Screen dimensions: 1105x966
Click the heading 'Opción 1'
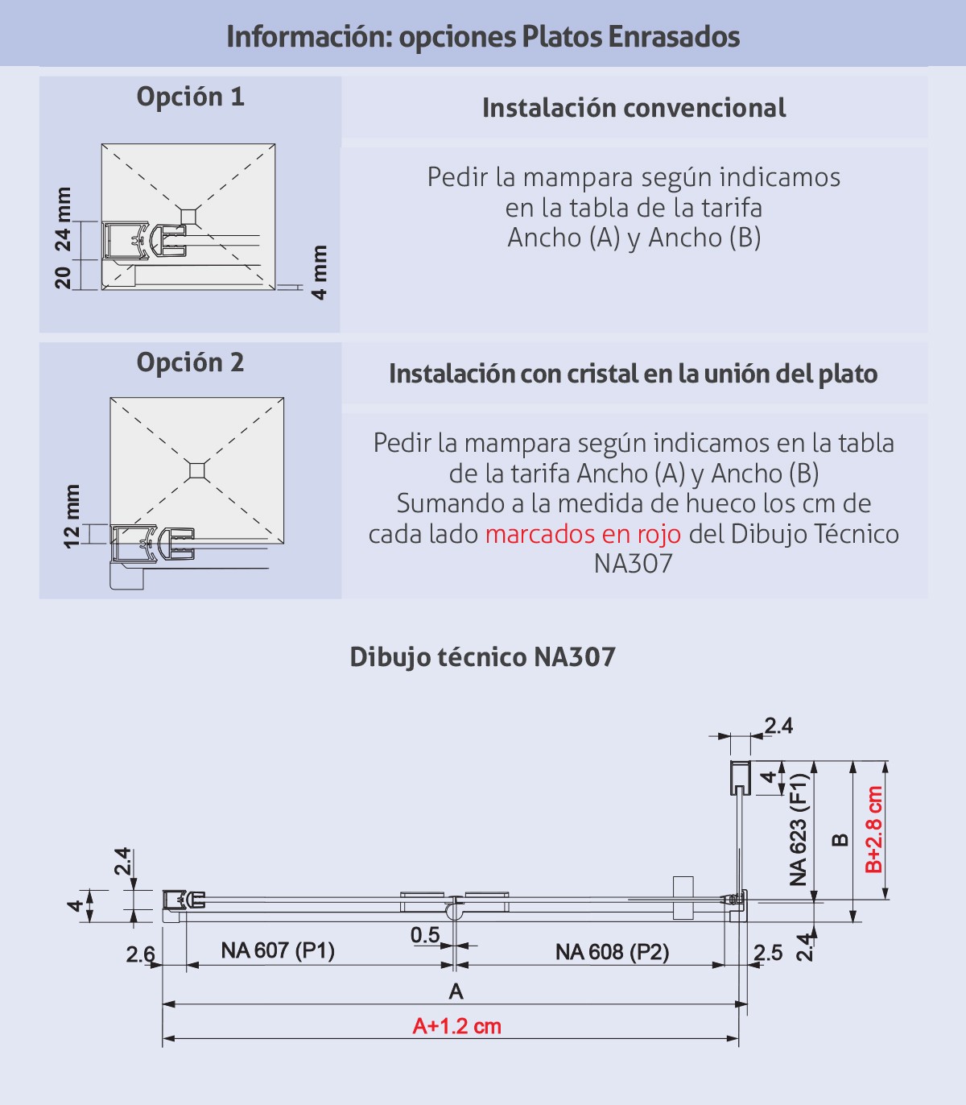point(190,97)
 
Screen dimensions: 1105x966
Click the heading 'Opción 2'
point(190,362)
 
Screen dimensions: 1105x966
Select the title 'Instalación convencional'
point(634,108)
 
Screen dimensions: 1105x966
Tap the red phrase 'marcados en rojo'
point(583,534)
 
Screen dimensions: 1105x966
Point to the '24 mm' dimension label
point(63,219)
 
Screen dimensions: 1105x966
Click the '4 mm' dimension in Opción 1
point(320,273)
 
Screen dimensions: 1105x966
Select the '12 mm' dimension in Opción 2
point(72,516)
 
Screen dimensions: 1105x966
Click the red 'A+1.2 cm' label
point(456,1026)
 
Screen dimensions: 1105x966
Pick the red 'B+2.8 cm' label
point(874,830)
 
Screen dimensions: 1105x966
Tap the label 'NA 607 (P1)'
point(278,950)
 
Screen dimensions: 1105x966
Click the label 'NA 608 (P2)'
point(612,952)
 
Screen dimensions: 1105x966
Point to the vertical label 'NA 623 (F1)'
point(798,830)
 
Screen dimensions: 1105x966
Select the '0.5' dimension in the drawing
point(425,935)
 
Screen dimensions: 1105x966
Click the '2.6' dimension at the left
point(140,954)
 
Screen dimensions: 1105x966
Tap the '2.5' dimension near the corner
point(768,953)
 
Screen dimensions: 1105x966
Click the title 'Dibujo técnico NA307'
point(482,657)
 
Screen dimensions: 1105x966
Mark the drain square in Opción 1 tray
point(188,214)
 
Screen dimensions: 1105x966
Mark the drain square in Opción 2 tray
point(197,470)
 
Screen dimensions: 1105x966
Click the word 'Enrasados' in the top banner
point(674,36)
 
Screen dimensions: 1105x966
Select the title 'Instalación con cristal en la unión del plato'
point(633,374)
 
